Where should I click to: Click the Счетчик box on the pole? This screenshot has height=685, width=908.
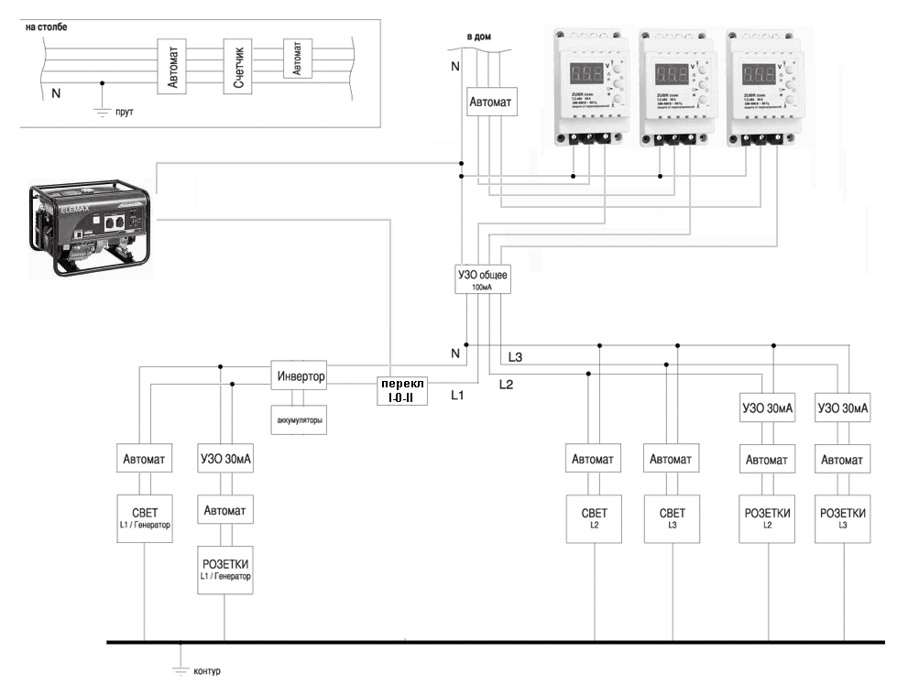click(237, 67)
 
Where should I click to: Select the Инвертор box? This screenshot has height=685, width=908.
click(300, 376)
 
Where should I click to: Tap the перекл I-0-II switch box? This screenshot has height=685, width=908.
click(402, 391)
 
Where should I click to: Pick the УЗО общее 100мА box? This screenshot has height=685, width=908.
click(482, 278)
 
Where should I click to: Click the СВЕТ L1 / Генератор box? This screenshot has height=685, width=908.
click(145, 517)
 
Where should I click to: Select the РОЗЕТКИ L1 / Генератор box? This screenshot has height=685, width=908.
click(225, 568)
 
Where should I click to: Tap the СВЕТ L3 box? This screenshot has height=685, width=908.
click(673, 517)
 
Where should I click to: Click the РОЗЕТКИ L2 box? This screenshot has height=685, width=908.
click(766, 517)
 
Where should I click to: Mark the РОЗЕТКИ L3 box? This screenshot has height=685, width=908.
click(842, 517)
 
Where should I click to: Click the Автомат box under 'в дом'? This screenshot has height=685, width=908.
click(492, 100)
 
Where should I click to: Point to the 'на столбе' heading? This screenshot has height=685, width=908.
click(46, 27)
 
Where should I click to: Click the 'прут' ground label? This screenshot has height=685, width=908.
click(126, 112)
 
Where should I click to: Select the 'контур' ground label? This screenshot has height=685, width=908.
click(207, 670)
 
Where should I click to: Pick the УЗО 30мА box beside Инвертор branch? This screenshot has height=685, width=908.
click(225, 458)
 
